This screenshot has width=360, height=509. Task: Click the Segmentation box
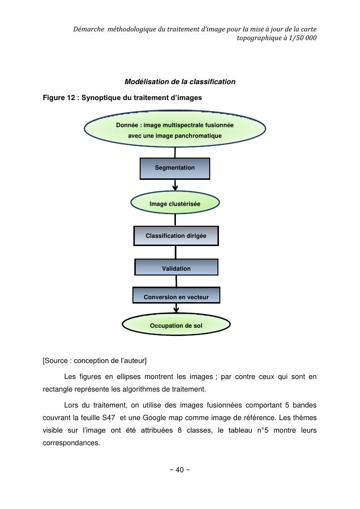click(174, 168)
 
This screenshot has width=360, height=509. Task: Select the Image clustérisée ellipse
click(174, 204)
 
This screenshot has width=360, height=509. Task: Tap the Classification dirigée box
click(176, 236)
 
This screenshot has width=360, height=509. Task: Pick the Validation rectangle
click(176, 268)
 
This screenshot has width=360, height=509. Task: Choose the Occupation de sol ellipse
click(176, 325)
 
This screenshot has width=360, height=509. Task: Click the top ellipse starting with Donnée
click(174, 130)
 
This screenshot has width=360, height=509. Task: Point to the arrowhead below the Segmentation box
click(175, 188)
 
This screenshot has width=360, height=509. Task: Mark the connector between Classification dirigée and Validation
click(175, 252)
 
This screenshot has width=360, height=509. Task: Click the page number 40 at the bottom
click(179, 470)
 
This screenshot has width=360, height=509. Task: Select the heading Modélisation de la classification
click(180, 82)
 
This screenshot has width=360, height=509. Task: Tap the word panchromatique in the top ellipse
click(199, 136)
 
